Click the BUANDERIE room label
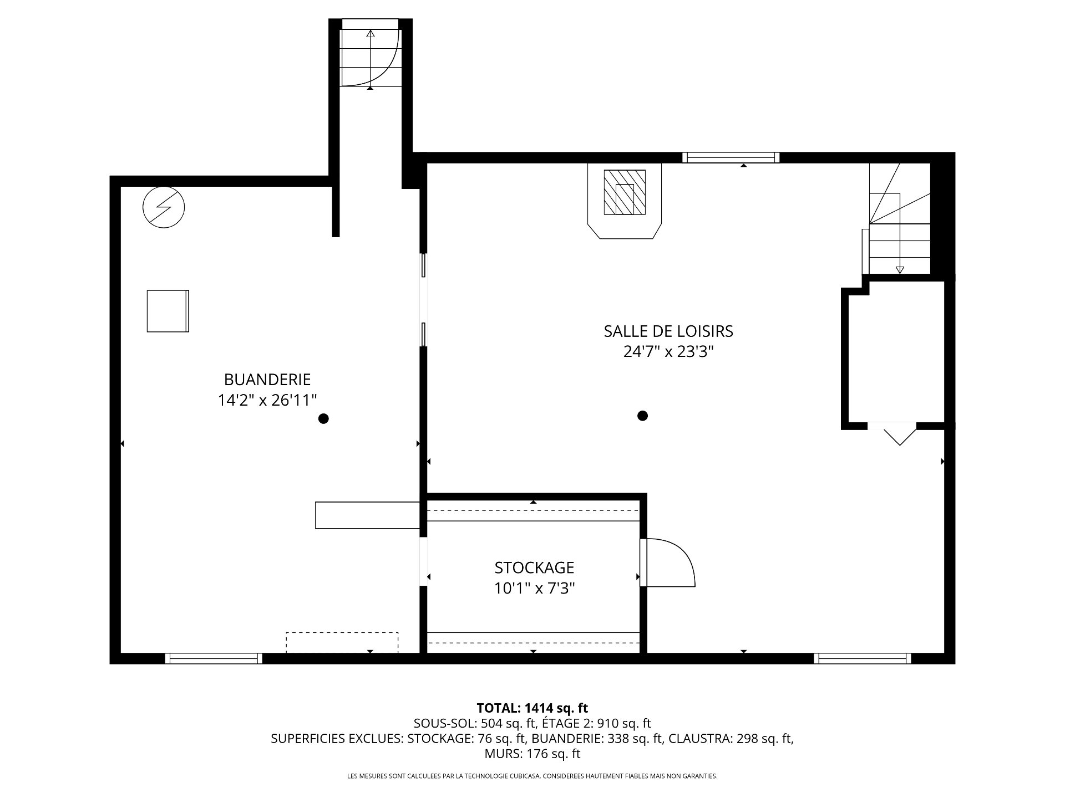(267, 380)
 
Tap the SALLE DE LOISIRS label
(668, 331)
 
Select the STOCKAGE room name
(534, 568)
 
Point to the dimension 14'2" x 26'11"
(267, 400)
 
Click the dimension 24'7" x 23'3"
(668, 352)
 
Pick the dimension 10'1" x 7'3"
(534, 589)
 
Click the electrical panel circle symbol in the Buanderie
(164, 207)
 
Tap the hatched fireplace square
(625, 192)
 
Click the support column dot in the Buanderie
(323, 419)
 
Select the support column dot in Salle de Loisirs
(642, 416)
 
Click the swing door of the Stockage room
(668, 562)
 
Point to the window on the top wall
(731, 157)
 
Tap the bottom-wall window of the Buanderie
(214, 658)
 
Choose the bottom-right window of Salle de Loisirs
(863, 658)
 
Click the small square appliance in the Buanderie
(168, 311)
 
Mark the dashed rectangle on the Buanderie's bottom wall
(342, 643)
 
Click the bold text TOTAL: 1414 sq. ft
(532, 708)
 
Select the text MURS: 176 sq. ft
(532, 754)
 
